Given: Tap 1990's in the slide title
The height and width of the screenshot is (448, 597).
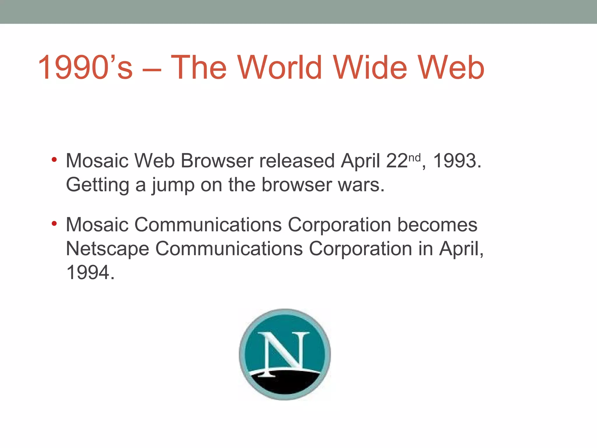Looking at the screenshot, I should [85, 68].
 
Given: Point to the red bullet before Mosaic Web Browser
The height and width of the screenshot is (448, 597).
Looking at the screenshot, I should [54, 160].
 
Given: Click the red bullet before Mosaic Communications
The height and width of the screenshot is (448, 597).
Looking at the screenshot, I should [54, 224].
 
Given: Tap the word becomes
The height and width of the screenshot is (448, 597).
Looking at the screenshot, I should [437, 225].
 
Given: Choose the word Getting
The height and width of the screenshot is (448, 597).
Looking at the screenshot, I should [98, 185].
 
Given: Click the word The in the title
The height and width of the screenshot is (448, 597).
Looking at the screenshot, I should [199, 68].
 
